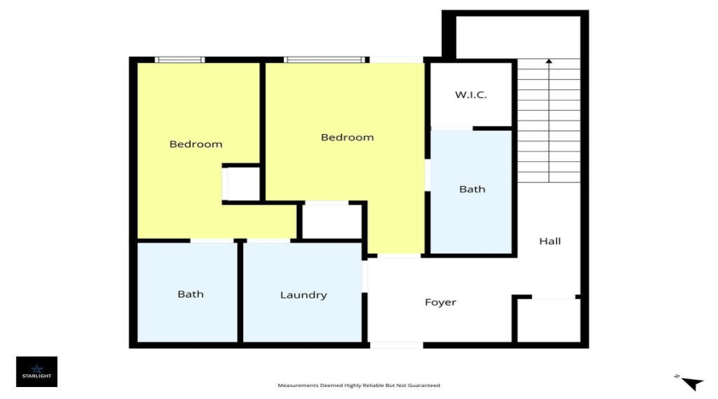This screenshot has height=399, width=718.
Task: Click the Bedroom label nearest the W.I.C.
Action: [347, 137]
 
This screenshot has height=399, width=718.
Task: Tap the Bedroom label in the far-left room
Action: [195, 144]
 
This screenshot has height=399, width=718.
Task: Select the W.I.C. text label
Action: [471, 95]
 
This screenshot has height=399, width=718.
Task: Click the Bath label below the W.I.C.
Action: [471, 189]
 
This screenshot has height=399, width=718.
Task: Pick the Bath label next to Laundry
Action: [190, 294]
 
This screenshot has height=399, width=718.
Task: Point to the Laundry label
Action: [303, 295]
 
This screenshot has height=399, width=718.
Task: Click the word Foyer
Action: [440, 302]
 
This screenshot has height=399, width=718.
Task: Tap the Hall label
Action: [550, 241]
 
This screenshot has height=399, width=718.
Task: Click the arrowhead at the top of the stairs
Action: [548, 61]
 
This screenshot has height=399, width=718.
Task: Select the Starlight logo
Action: [37, 371]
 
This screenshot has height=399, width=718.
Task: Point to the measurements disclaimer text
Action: [358, 385]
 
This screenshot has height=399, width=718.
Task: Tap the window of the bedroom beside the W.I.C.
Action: [325, 60]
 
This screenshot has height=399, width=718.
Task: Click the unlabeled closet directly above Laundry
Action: [331, 221]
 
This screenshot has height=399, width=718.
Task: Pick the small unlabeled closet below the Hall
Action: [547, 321]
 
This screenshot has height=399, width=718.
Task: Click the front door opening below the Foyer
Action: [396, 345]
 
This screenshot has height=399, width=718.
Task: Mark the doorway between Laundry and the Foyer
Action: [365, 275]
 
